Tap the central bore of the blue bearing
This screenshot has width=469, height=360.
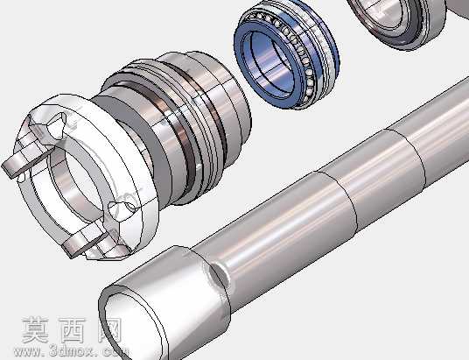269,62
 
